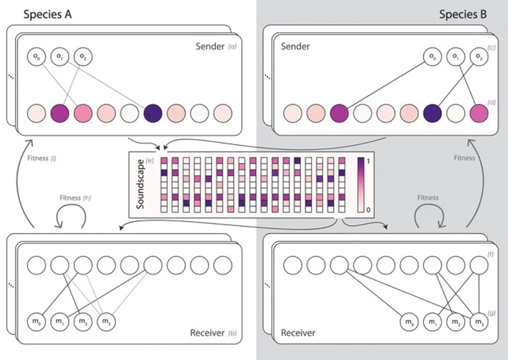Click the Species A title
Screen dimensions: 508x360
pyautogui.click(x=48, y=15)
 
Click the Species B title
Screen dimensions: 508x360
pyautogui.click(x=463, y=15)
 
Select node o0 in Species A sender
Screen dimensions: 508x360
pyautogui.click(x=37, y=57)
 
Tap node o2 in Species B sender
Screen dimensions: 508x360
pyautogui.click(x=479, y=57)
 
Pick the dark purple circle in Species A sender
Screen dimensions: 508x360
pyautogui.click(x=153, y=113)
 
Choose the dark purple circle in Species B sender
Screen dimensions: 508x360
pyautogui.click(x=433, y=113)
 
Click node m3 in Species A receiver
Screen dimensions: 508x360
pyautogui.click(x=106, y=322)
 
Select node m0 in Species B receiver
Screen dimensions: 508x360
pyautogui.click(x=409, y=322)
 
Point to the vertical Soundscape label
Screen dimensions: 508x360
pyautogui.click(x=140, y=184)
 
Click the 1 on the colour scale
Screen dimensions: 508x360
pyautogui.click(x=368, y=161)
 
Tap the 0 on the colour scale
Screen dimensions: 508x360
pyautogui.click(x=368, y=210)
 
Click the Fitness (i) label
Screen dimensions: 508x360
pyautogui.click(x=41, y=158)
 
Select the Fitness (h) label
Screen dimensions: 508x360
pyautogui.click(x=75, y=198)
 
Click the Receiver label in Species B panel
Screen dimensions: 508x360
pyautogui.click(x=298, y=333)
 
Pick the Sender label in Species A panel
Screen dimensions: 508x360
pyautogui.click(x=210, y=46)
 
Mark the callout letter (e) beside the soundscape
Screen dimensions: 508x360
pyautogui.click(x=150, y=161)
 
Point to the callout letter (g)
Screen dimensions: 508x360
pyautogui.click(x=492, y=313)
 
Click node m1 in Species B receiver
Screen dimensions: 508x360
pyautogui.click(x=433, y=322)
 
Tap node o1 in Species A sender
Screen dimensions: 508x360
pyautogui.click(x=60, y=57)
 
